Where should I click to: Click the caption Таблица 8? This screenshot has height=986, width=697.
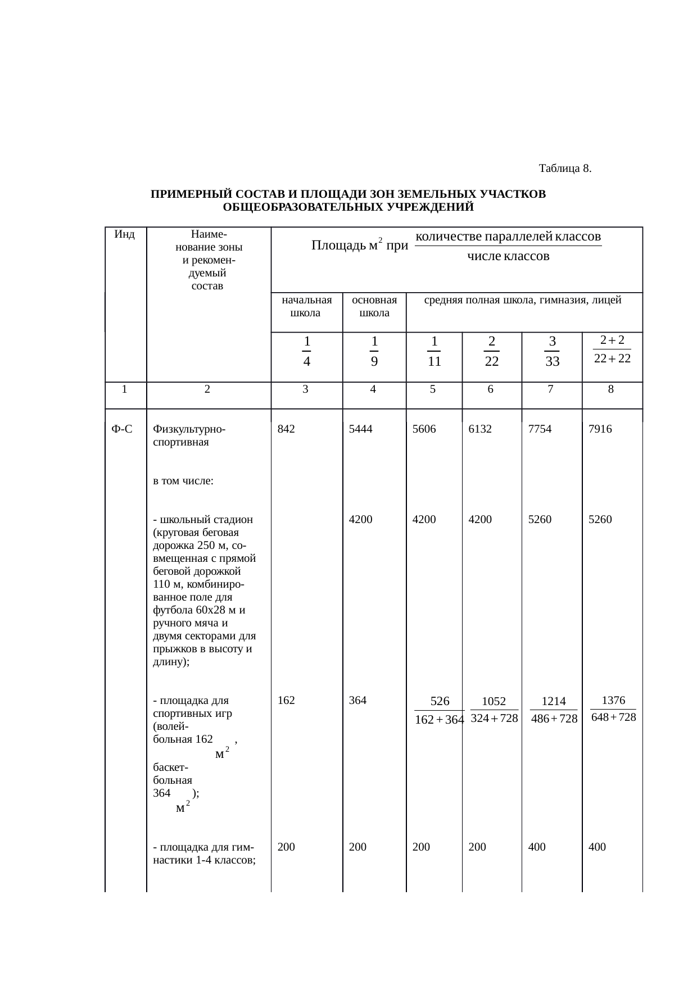(x=564, y=169)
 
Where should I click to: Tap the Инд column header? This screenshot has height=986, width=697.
(x=124, y=235)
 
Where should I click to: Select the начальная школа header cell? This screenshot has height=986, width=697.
(x=306, y=306)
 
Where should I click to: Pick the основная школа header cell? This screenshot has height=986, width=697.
(x=374, y=306)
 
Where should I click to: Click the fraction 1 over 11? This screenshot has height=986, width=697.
(x=434, y=351)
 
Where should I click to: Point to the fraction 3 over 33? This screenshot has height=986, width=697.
(x=552, y=351)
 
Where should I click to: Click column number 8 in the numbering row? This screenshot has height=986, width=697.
(x=611, y=388)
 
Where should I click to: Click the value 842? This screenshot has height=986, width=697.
(x=287, y=429)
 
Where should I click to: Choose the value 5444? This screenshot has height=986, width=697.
(x=360, y=429)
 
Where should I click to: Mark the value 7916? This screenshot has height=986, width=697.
(x=600, y=429)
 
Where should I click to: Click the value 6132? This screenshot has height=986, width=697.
(x=480, y=429)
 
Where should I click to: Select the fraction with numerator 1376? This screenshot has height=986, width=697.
(x=613, y=709)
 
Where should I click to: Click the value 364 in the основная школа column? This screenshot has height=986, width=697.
(x=357, y=700)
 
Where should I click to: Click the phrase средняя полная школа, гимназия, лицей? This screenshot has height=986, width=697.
(x=522, y=300)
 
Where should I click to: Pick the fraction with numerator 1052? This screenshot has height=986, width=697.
(x=494, y=710)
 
